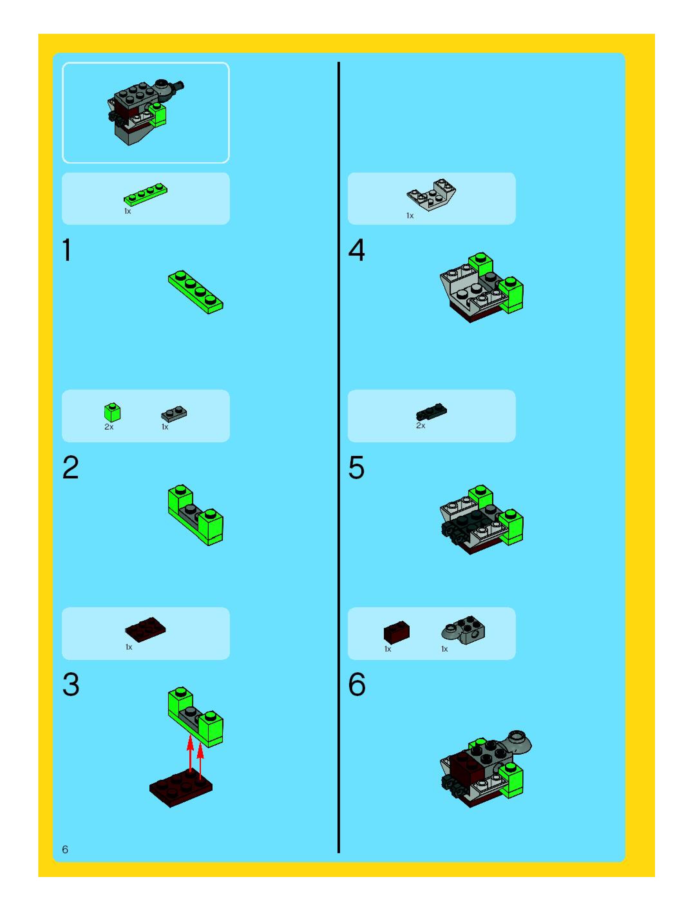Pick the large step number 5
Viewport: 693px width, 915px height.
tap(356, 467)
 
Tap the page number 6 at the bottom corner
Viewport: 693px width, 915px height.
tap(65, 849)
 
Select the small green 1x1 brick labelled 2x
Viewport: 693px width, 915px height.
tap(112, 412)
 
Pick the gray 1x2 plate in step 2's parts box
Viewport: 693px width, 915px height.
tap(174, 413)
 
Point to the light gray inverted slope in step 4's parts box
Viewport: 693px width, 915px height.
tap(432, 195)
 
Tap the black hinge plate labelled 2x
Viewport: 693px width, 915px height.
tap(432, 411)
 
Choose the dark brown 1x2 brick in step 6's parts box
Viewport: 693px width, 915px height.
tap(396, 632)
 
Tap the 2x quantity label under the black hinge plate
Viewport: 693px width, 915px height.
tap(420, 426)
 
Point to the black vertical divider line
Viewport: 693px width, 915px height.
tap(338, 455)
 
